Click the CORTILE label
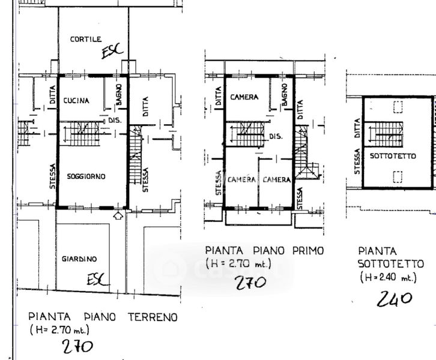[x=86, y=39]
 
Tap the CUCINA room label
[x=76, y=101]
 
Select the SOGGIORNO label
[x=86, y=176]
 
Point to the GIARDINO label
[x=79, y=259]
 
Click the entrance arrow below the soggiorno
[x=118, y=215]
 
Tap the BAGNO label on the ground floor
[x=119, y=94]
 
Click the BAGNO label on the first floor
[x=284, y=95]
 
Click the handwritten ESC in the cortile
[x=112, y=51]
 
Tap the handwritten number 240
[x=394, y=299]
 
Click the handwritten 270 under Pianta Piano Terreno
[x=77, y=347]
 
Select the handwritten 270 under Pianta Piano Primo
[x=251, y=283]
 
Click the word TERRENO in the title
[x=153, y=317]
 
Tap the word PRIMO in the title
[x=308, y=251]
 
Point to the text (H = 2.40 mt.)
[x=388, y=277]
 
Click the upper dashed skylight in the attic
[x=398, y=107]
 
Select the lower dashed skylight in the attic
[x=398, y=177]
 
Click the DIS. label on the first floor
[x=276, y=137]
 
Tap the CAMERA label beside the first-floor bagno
[x=244, y=97]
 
